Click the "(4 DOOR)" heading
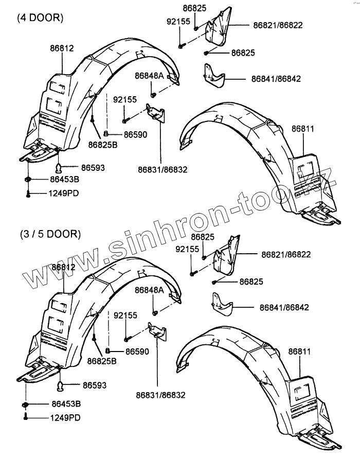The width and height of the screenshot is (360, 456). click(40, 17)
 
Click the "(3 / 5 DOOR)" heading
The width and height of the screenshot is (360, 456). click(50, 234)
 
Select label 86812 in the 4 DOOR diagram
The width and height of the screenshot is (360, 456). click(62, 48)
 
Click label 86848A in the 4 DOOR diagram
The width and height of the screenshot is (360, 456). click(149, 76)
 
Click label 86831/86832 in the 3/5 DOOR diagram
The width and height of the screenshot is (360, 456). click(160, 395)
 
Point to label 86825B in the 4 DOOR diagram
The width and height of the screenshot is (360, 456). click(103, 145)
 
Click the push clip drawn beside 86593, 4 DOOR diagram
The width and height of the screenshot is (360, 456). click(60, 167)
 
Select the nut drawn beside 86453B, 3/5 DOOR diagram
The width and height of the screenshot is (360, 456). click(26, 405)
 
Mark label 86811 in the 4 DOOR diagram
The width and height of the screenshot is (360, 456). click(303, 129)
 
